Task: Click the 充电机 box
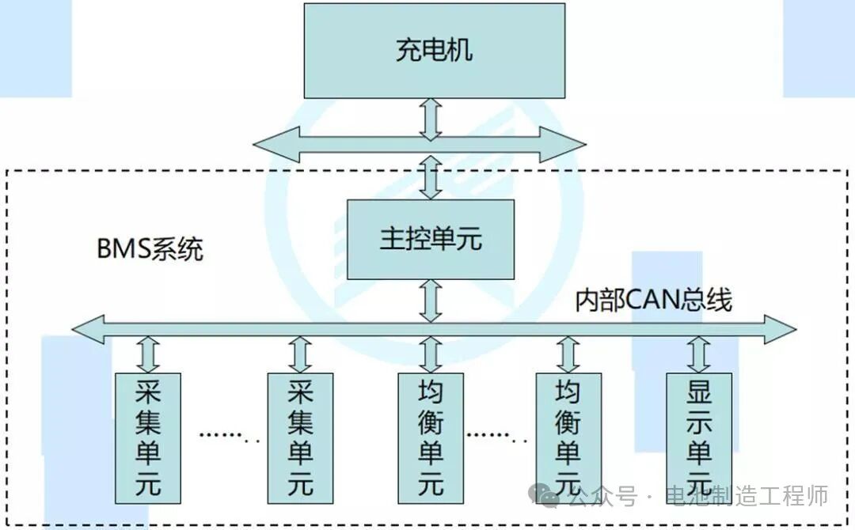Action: click(x=435, y=51)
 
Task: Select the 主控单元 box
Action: click(x=431, y=239)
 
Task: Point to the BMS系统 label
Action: click(x=150, y=249)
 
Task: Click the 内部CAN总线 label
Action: click(x=654, y=300)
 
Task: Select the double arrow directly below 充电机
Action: click(x=431, y=119)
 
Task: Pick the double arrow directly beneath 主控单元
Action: click(x=431, y=301)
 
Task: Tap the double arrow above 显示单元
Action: click(x=698, y=354)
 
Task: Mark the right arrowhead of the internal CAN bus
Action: click(x=780, y=329)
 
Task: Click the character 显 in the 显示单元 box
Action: click(x=698, y=392)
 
